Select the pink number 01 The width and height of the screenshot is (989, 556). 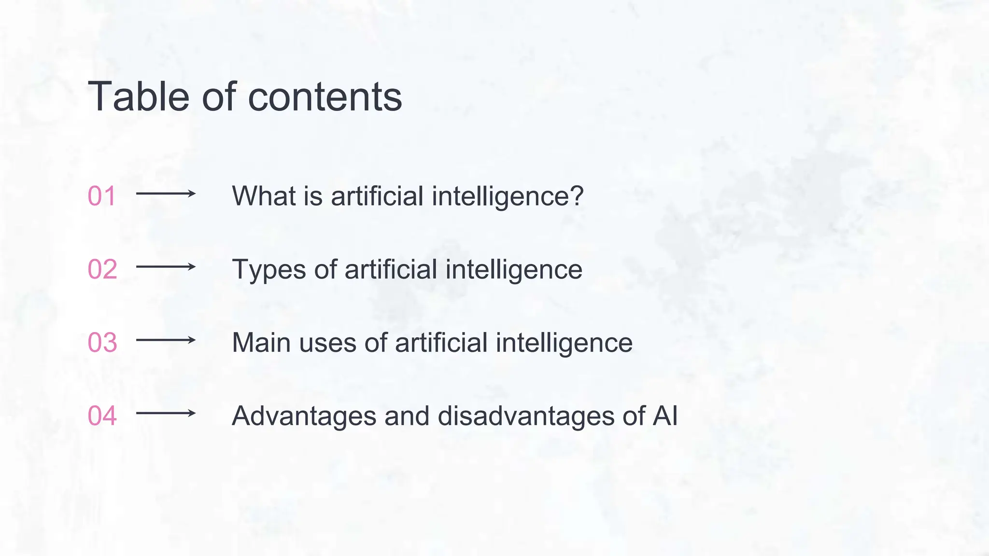101,196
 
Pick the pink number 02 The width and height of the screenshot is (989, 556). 102,269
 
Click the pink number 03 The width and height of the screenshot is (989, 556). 102,343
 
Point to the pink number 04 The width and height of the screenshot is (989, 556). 102,416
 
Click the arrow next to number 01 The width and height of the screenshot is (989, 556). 166,194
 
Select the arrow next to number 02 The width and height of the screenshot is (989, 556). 166,266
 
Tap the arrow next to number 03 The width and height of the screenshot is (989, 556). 166,340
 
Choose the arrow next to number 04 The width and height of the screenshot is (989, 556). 166,413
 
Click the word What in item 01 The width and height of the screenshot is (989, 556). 264,196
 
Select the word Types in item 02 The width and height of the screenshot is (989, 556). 269,269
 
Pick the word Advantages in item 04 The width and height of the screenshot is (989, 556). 304,416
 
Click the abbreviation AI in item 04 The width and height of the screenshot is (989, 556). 665,416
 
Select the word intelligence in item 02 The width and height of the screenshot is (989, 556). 514,269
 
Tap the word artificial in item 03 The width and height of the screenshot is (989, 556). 441,343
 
